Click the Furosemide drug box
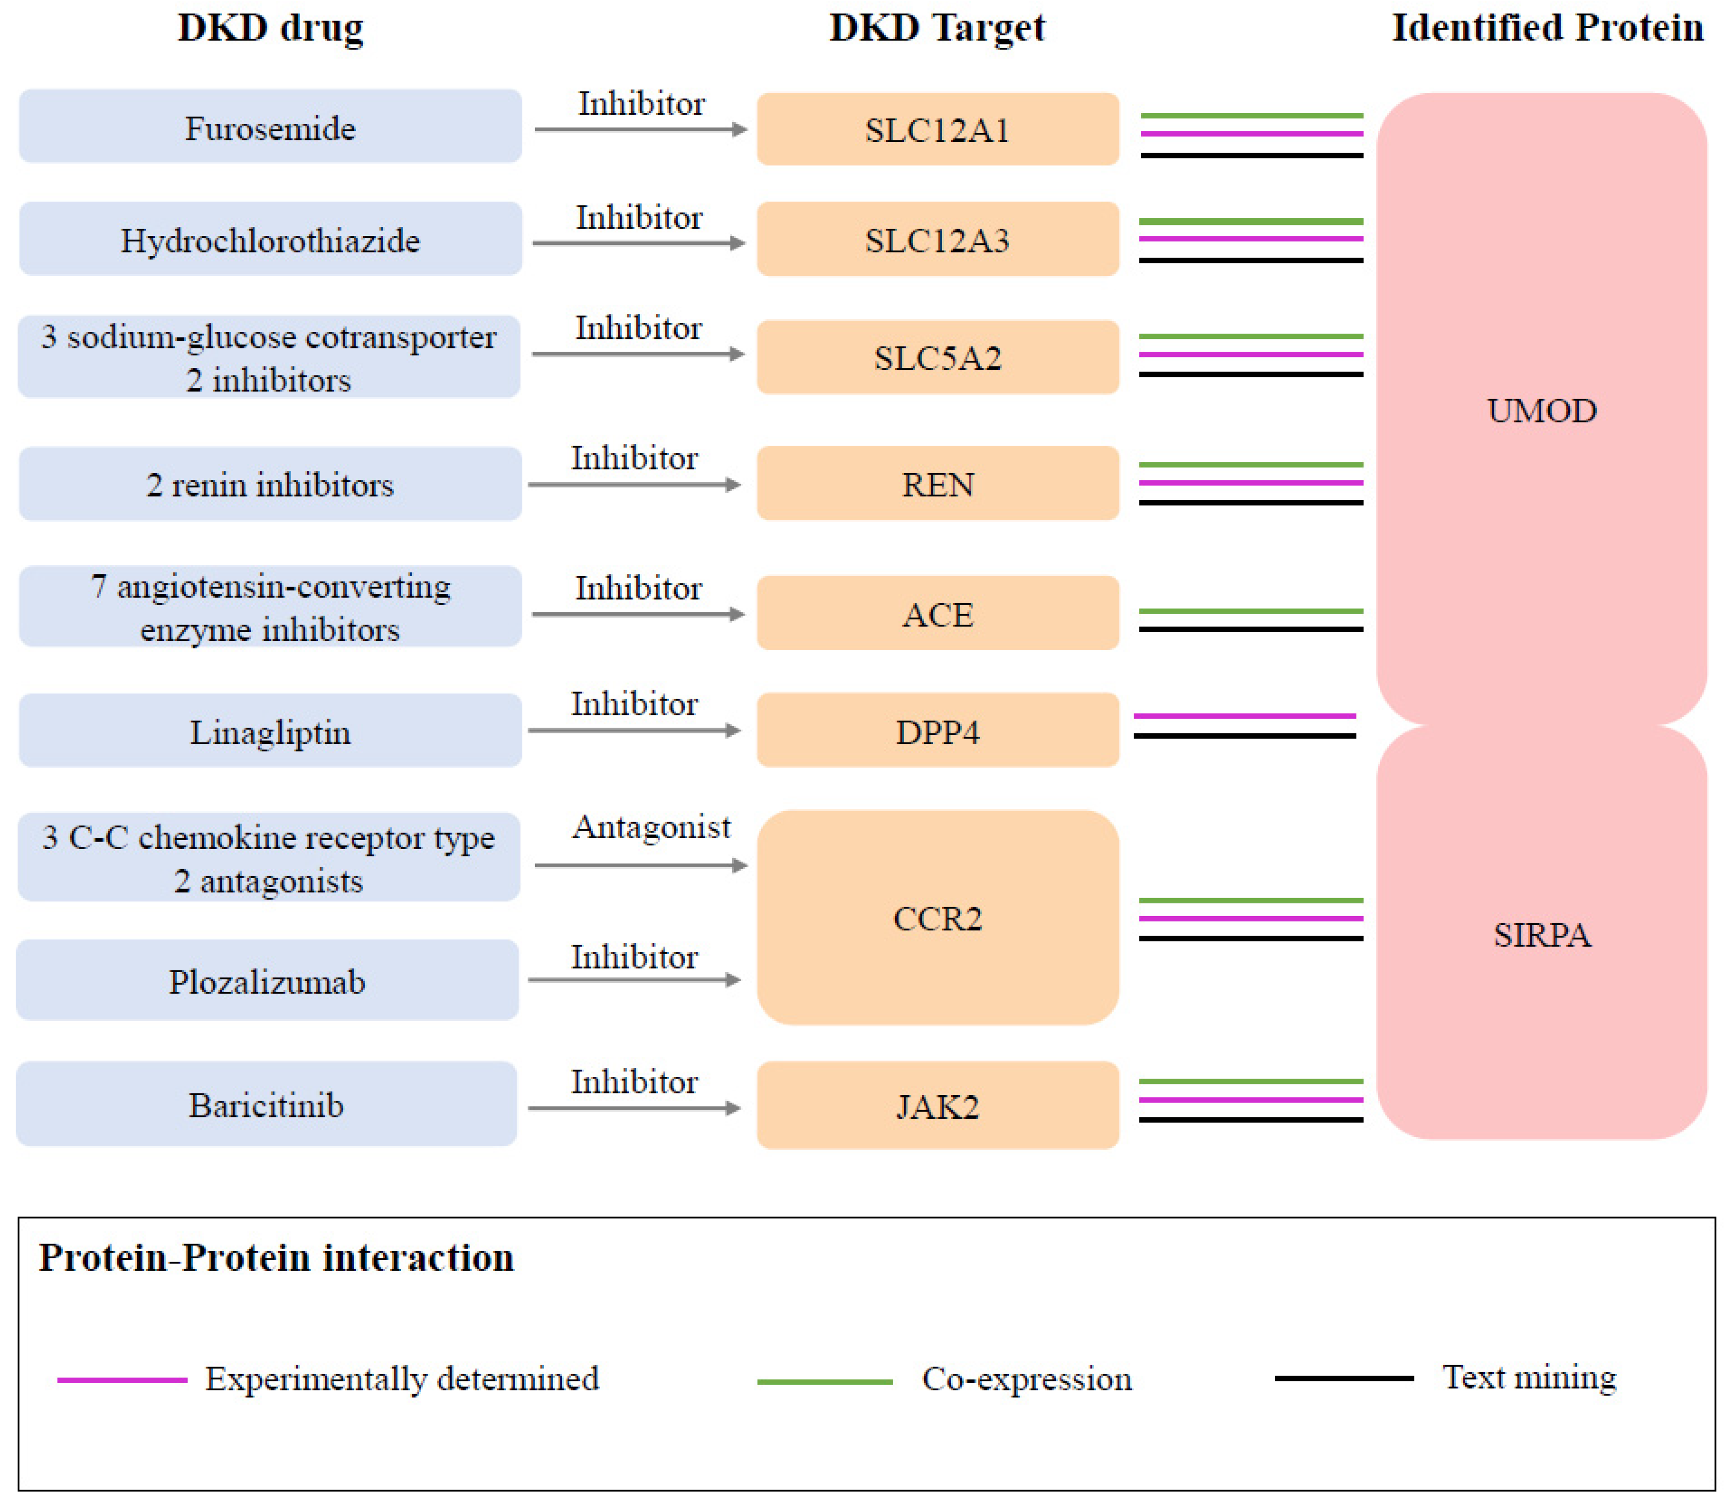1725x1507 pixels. tap(270, 127)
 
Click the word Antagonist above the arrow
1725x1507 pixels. tap(651, 827)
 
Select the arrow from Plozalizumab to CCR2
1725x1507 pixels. tap(634, 980)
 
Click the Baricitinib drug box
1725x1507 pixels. tap(267, 1104)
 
